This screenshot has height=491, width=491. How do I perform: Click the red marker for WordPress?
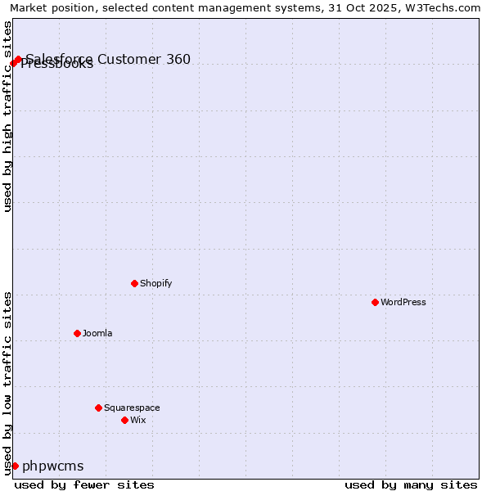click(375, 302)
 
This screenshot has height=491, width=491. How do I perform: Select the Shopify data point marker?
click(134, 283)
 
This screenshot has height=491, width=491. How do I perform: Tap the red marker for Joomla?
click(77, 333)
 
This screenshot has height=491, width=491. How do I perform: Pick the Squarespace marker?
click(98, 408)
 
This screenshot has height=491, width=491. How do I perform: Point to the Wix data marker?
click(124, 420)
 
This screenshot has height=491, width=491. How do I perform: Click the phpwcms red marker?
click(15, 466)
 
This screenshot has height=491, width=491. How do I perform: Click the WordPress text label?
click(403, 302)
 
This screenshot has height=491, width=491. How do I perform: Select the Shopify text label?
click(155, 283)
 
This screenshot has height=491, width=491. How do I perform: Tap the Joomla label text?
click(97, 333)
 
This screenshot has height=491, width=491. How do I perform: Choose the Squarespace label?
click(132, 408)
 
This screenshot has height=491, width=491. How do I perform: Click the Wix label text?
click(137, 420)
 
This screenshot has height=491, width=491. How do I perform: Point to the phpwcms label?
click(52, 466)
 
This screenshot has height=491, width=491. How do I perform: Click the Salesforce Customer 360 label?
click(108, 59)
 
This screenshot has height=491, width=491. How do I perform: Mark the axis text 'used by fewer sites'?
click(84, 484)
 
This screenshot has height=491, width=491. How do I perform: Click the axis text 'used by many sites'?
click(411, 484)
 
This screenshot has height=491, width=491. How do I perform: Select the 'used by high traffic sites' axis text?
click(7, 116)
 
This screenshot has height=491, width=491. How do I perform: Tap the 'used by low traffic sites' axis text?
click(7, 382)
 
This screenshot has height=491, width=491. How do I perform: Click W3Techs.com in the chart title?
click(449, 7)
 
